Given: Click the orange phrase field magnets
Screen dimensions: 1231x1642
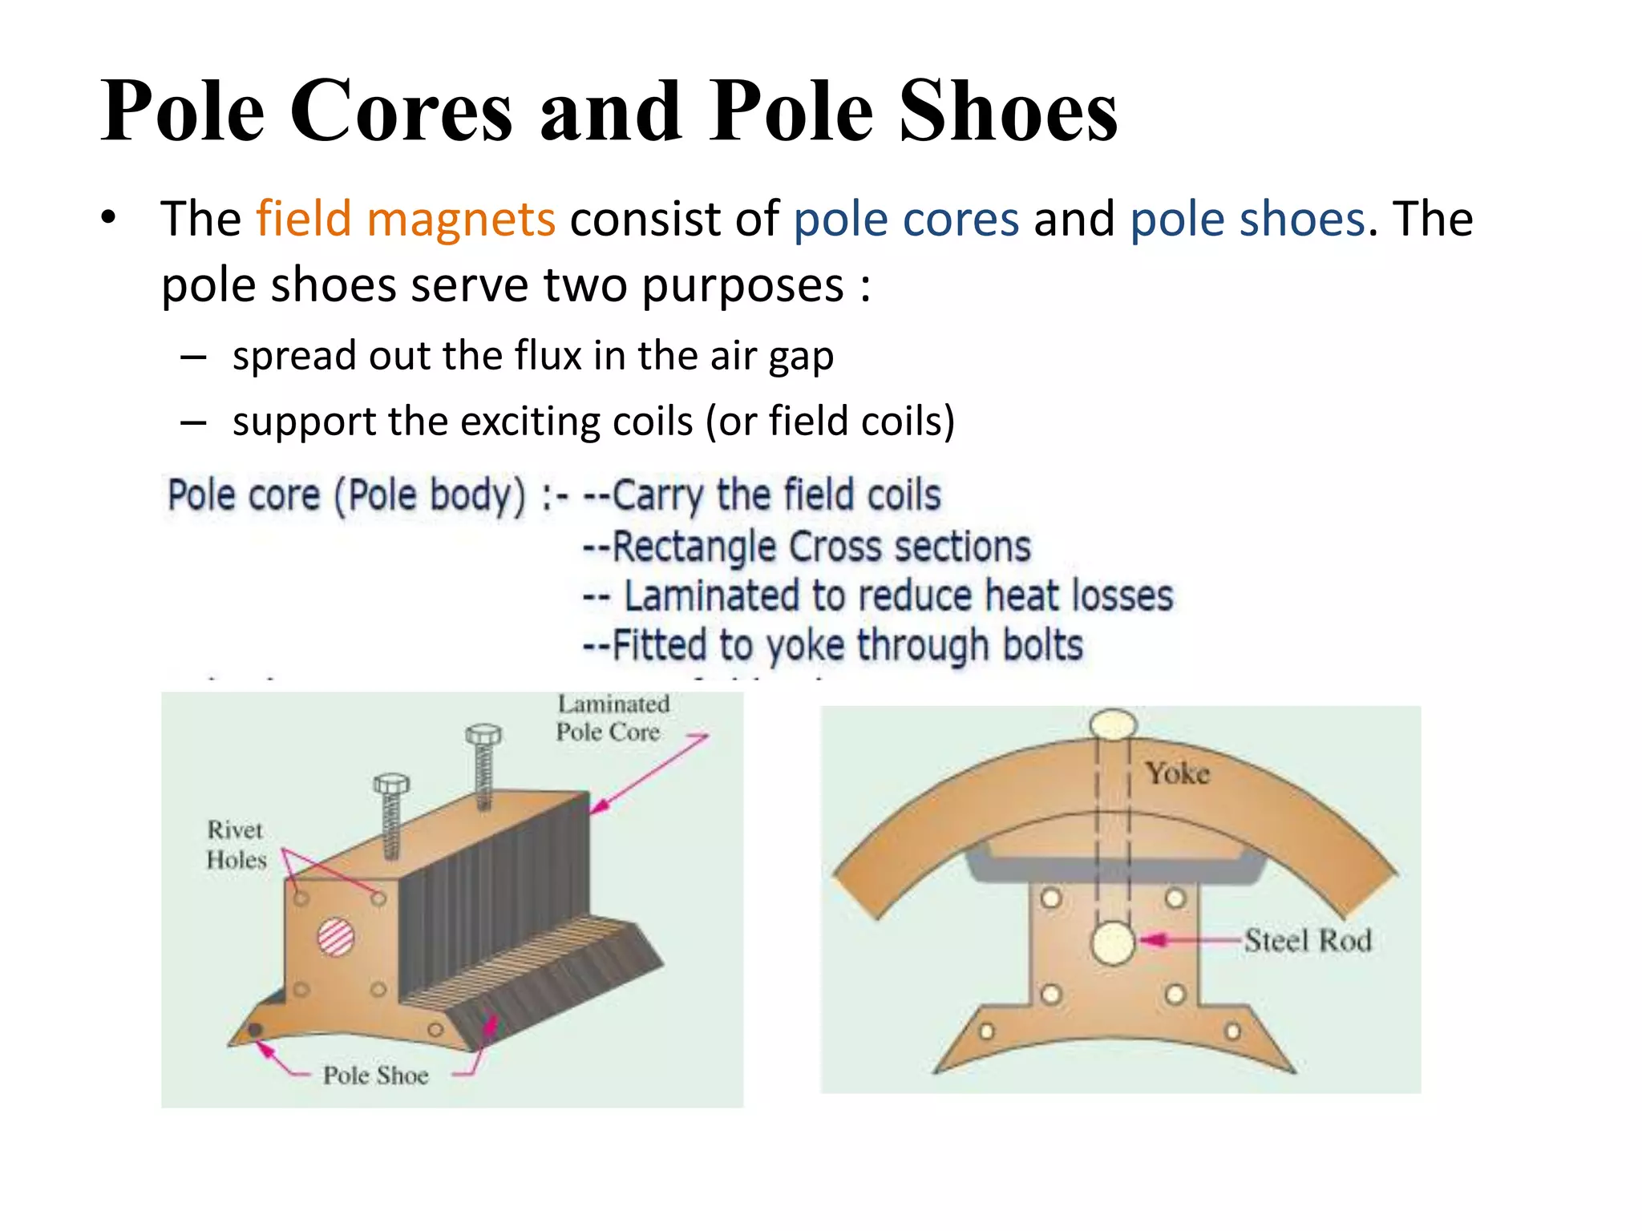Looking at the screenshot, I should [405, 219].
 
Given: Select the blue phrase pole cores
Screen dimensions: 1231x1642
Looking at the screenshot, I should [906, 219].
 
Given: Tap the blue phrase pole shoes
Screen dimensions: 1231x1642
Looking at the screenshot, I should [1247, 219].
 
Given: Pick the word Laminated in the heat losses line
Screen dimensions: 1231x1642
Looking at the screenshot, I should [714, 596].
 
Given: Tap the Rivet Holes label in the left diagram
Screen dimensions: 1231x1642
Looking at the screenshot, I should [236, 845].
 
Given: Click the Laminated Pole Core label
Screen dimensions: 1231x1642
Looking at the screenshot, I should [611, 718].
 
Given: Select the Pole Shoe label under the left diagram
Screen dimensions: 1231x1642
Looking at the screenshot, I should [375, 1076].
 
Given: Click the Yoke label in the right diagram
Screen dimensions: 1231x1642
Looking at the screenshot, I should [1177, 773].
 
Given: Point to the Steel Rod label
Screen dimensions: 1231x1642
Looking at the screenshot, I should [1308, 940].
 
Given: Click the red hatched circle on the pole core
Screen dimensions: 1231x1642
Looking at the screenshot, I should [336, 937].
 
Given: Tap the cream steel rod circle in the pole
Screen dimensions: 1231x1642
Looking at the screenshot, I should [1113, 942].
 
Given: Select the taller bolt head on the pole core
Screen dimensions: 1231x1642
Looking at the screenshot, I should [483, 734].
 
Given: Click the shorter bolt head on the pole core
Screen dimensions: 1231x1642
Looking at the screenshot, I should [391, 783].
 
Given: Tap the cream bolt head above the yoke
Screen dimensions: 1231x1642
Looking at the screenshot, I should [1113, 724].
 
